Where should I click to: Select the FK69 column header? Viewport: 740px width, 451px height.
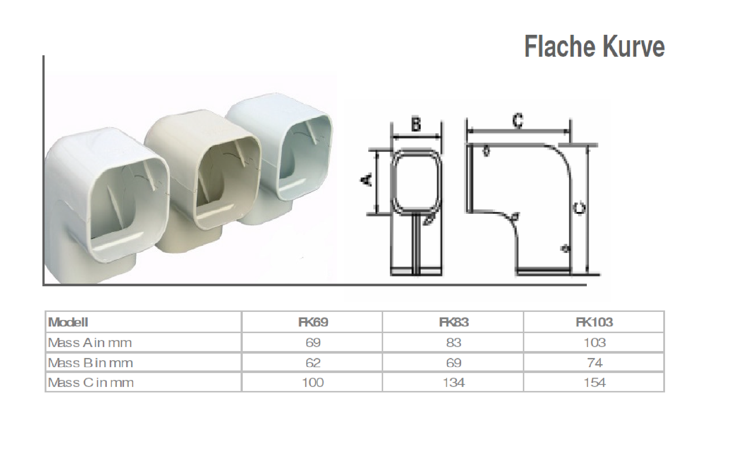(x=313, y=322)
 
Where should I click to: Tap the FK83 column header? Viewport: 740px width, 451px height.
(x=454, y=322)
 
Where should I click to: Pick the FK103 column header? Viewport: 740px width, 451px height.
(x=594, y=322)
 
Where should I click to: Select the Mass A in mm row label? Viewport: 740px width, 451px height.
(x=90, y=343)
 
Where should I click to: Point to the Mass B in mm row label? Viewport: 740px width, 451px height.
(x=91, y=363)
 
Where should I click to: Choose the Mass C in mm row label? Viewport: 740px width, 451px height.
(x=91, y=383)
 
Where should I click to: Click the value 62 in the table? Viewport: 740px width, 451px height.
(x=313, y=363)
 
